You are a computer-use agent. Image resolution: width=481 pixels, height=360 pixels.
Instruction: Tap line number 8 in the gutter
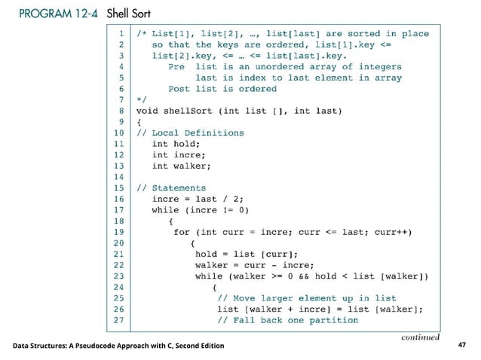(x=120, y=111)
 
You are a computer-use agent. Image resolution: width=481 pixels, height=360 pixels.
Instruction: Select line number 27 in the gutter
(x=118, y=320)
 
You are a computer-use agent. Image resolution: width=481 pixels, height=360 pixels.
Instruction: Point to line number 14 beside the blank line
(x=118, y=177)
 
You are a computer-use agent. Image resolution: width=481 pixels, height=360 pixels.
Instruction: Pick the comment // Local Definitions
(x=189, y=133)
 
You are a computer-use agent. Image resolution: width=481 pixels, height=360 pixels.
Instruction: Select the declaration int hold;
(x=175, y=144)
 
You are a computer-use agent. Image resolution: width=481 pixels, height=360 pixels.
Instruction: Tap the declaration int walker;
(x=181, y=166)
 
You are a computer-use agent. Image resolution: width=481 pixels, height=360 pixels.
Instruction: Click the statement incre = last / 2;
(x=199, y=199)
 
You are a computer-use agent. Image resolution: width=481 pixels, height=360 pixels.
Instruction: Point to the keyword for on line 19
(x=182, y=232)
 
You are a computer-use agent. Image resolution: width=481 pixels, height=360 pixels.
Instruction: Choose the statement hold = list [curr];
(x=247, y=254)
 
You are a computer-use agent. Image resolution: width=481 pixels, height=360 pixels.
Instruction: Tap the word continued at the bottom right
(x=421, y=337)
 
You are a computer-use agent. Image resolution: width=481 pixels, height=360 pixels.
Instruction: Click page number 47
(x=462, y=346)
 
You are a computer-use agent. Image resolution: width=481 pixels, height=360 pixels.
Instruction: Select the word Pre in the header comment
(x=176, y=66)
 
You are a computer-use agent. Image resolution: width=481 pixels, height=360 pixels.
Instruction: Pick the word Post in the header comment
(x=179, y=88)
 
